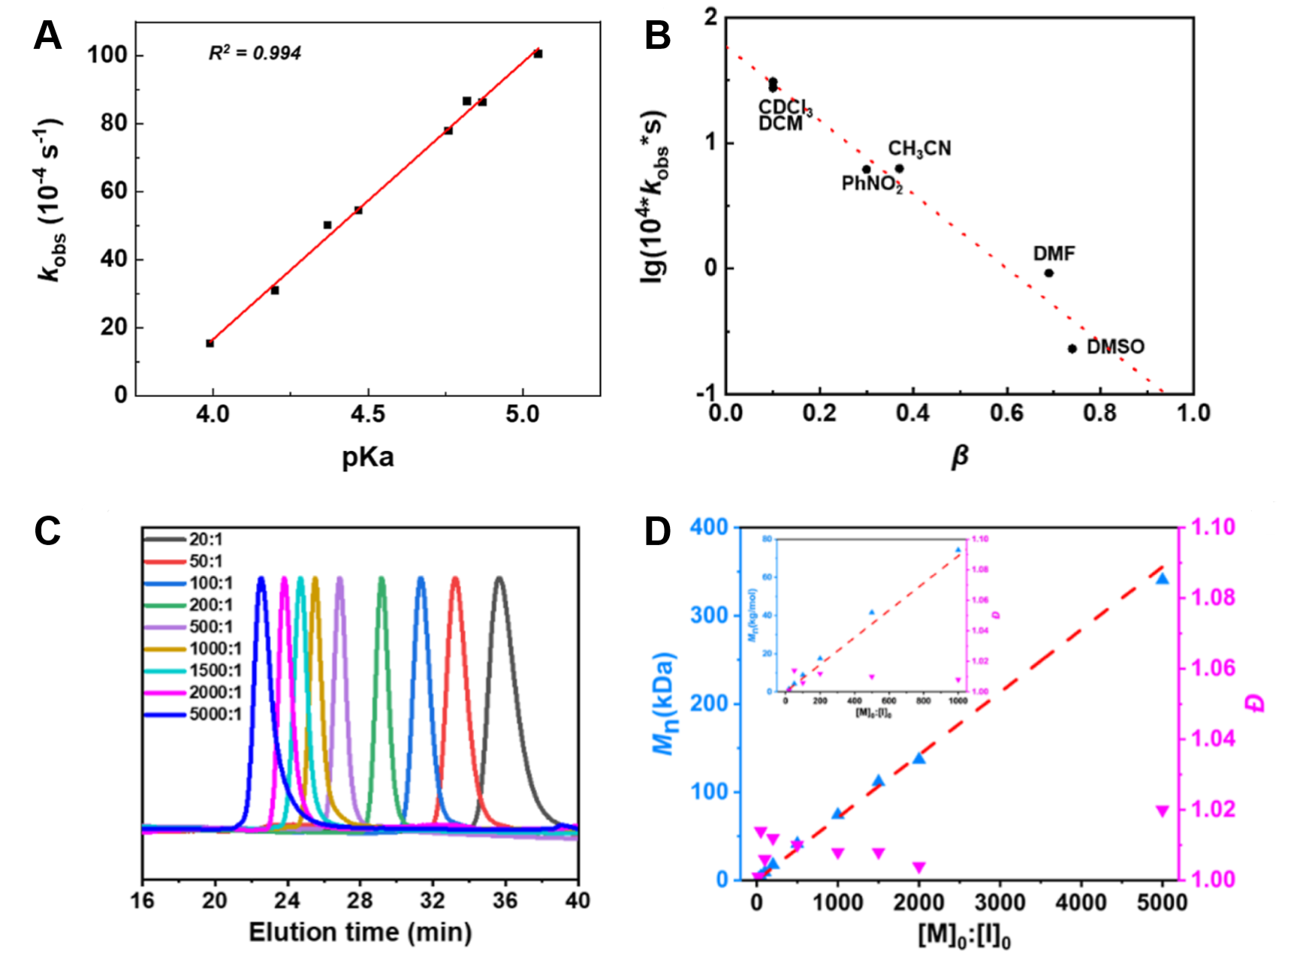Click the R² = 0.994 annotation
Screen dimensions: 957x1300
click(x=255, y=53)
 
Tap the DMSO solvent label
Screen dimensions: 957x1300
click(x=1115, y=347)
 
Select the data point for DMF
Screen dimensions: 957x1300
click(x=1048, y=273)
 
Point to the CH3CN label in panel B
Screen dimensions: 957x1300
click(x=919, y=149)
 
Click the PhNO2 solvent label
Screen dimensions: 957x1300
click(x=871, y=184)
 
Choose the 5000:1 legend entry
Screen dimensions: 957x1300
click(x=215, y=714)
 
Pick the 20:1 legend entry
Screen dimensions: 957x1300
click(x=205, y=540)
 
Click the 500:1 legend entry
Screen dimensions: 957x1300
click(x=210, y=627)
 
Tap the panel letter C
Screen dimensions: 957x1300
click(x=47, y=531)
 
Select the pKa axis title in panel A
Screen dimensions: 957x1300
click(x=367, y=457)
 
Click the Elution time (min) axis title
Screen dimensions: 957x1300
click(x=360, y=932)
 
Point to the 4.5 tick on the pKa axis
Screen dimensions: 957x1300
click(x=367, y=414)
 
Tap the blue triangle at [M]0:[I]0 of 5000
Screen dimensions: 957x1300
click(x=1162, y=579)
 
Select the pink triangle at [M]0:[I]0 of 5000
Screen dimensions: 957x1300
click(x=1162, y=811)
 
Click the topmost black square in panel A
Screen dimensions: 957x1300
click(x=538, y=54)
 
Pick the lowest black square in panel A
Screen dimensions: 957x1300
click(x=210, y=343)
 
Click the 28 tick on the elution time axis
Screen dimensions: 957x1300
click(x=360, y=899)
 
